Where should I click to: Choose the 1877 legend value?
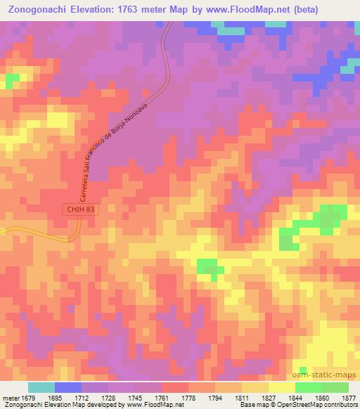pyautogui.click(x=345, y=397)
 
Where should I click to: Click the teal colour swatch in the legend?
pyautogui.click(x=41, y=387)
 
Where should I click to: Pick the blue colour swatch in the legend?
pyautogui.click(x=68, y=387)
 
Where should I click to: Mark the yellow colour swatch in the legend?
pyautogui.click(x=281, y=387)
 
